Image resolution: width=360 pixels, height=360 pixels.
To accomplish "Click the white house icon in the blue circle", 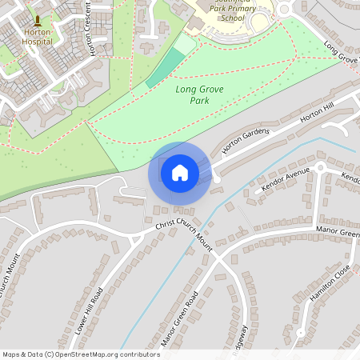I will [x=179, y=172].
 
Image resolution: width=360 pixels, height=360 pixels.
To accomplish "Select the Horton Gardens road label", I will [x=246, y=141].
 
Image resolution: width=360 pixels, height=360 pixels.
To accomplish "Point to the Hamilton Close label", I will [x=329, y=285].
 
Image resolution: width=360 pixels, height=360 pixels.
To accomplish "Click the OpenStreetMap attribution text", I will [x=81, y=354].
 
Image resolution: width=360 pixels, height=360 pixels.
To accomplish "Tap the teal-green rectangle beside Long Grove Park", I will [x=165, y=68].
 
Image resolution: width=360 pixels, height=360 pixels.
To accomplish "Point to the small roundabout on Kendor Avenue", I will [x=319, y=168].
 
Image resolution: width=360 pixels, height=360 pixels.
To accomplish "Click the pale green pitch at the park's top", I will [x=184, y=45].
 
